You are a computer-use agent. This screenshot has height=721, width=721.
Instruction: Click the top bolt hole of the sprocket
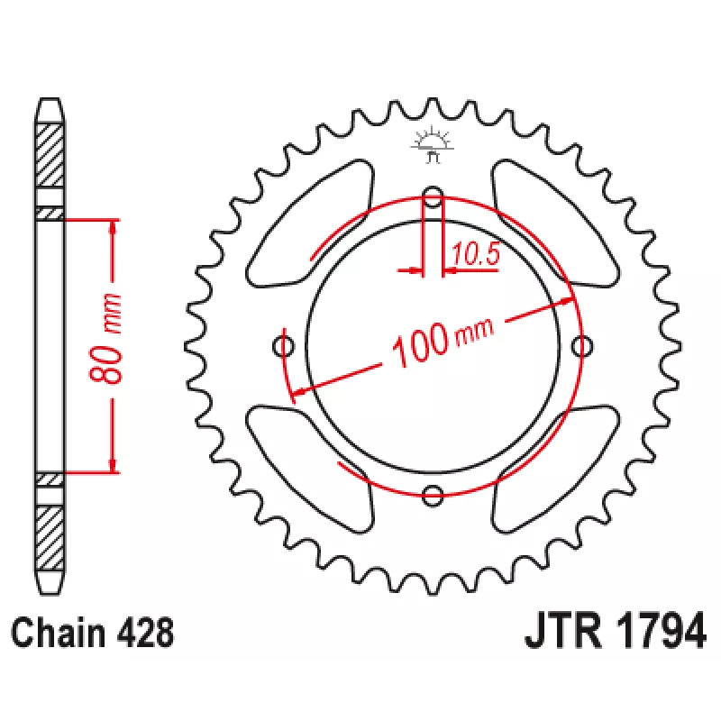pyautogui.click(x=433, y=196)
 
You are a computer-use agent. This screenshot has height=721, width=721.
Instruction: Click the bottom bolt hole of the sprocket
pyautogui.click(x=433, y=495)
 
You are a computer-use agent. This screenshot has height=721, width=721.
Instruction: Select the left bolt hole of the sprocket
pyautogui.click(x=284, y=346)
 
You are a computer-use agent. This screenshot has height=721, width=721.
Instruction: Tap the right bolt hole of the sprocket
pyautogui.click(x=581, y=346)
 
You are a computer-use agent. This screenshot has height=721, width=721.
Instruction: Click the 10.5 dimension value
pyautogui.click(x=476, y=253)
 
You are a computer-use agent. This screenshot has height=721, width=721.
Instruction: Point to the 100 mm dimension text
pyautogui.click(x=443, y=342)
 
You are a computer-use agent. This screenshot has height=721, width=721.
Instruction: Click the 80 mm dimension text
pyautogui.click(x=106, y=339)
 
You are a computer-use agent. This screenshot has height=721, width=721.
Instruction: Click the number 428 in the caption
pyautogui.click(x=145, y=633)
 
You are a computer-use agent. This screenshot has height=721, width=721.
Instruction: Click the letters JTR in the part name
pyautogui.click(x=564, y=630)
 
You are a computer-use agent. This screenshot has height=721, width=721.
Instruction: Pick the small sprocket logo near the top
pyautogui.click(x=433, y=144)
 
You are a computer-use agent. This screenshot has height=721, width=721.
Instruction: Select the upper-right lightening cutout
pyautogui.click(x=555, y=224)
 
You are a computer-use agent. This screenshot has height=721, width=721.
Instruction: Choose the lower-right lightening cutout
pyautogui.click(x=555, y=469)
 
